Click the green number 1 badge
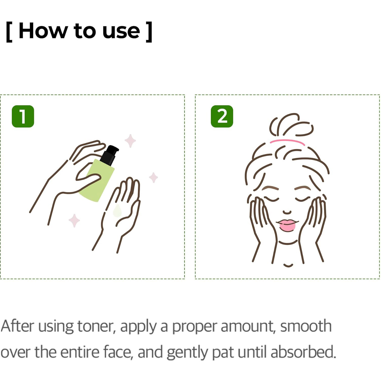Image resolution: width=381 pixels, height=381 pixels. [23, 116]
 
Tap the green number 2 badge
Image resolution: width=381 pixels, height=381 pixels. [222, 116]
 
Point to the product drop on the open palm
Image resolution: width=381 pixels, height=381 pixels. [117, 211]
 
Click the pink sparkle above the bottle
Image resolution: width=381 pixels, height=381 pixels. [130, 141]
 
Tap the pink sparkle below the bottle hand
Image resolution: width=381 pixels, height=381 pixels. [74, 220]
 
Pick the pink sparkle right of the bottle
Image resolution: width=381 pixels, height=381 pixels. [153, 177]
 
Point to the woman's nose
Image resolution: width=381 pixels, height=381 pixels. [287, 212]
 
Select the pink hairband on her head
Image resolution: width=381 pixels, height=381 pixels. [287, 142]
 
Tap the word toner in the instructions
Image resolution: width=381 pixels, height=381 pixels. [96, 326]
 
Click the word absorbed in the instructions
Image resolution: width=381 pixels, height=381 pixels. [303, 352]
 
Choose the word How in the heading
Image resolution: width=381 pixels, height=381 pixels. [43, 31]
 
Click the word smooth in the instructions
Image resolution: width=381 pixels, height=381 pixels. [306, 326]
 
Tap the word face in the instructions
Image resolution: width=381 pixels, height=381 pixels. [118, 352]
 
